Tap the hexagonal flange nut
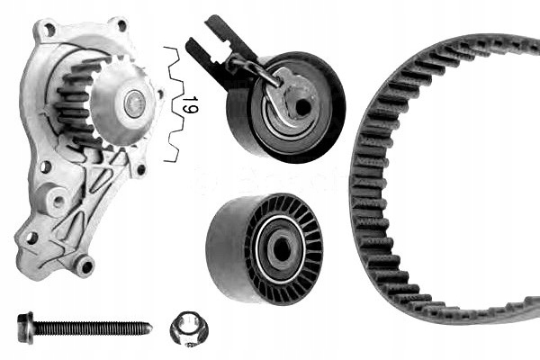coord(188,328)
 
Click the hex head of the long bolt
coord(25,328)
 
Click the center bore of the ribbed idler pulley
coord(281,247)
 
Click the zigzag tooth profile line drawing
coord(173,104)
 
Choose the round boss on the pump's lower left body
coord(56,200)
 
